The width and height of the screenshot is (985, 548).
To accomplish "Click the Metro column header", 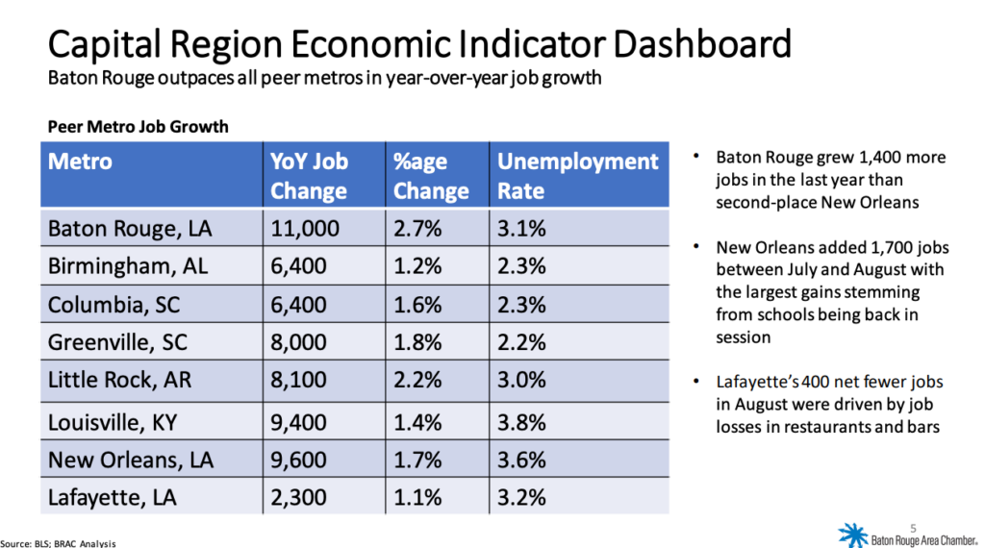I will point(81,161).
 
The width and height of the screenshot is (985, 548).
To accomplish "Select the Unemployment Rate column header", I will point(577,175).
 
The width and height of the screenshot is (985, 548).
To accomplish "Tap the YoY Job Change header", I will point(309,175).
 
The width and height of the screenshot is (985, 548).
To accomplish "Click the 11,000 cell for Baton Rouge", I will point(300,229).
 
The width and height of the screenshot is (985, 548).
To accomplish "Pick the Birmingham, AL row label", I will point(128,266).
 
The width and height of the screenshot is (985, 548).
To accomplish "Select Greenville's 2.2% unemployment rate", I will point(521,341).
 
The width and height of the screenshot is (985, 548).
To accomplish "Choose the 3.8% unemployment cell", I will point(521,421).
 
